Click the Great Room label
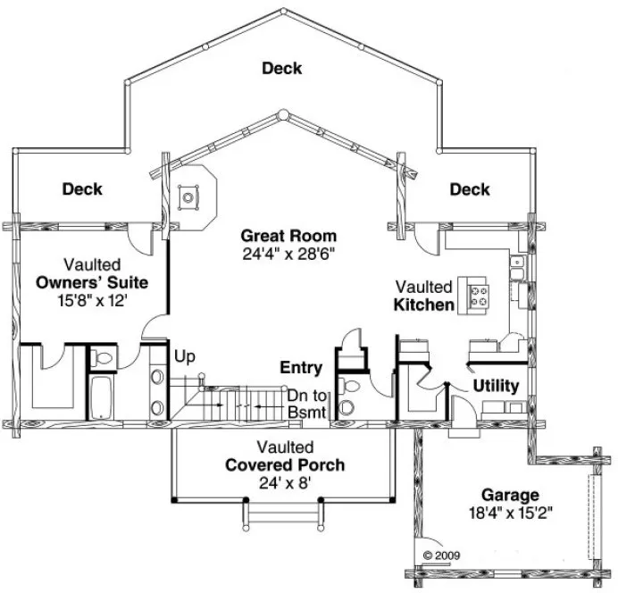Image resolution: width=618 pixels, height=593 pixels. tap(288, 236)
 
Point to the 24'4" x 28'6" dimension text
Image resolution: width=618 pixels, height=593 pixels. tap(288, 253)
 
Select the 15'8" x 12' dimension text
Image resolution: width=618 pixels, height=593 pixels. tap(92, 301)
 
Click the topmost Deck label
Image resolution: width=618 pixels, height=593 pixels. tap(282, 68)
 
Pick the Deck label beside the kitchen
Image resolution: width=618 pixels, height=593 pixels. tap(470, 189)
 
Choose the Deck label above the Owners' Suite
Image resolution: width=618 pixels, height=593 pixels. tap(82, 189)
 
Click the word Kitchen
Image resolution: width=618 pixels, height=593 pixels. tap(423, 305)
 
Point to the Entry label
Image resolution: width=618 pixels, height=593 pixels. tap(301, 367)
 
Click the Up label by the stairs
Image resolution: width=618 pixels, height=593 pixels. tap(184, 356)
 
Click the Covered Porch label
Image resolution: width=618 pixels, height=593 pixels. tap(285, 464)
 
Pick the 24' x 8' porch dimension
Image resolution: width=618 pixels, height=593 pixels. tap(285, 483)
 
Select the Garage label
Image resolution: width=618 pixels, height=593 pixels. tap(510, 494)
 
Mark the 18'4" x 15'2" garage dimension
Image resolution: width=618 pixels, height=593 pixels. tap(510, 513)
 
